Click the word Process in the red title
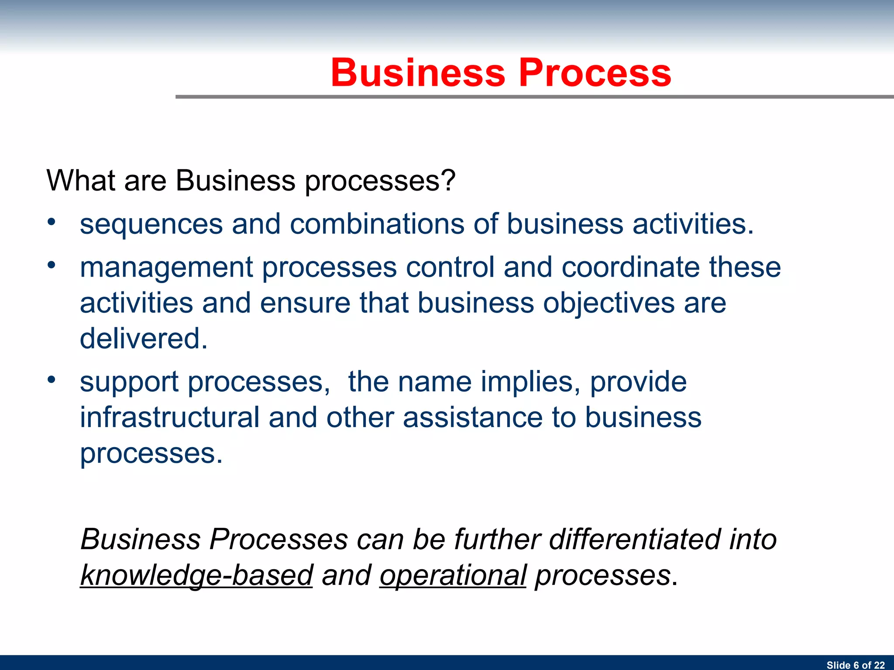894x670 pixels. point(595,73)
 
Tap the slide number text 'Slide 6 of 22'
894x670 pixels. point(855,665)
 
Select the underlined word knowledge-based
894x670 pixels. point(196,575)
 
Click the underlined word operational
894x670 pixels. point(453,575)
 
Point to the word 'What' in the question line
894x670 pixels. point(80,180)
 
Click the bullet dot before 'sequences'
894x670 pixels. point(52,222)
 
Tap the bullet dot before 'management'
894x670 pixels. point(52,265)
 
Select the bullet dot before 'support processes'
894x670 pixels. point(52,379)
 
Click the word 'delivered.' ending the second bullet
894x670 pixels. point(144,338)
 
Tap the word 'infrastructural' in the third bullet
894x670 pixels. point(170,417)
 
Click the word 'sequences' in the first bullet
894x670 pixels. point(151,224)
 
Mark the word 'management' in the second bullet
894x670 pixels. point(166,268)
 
